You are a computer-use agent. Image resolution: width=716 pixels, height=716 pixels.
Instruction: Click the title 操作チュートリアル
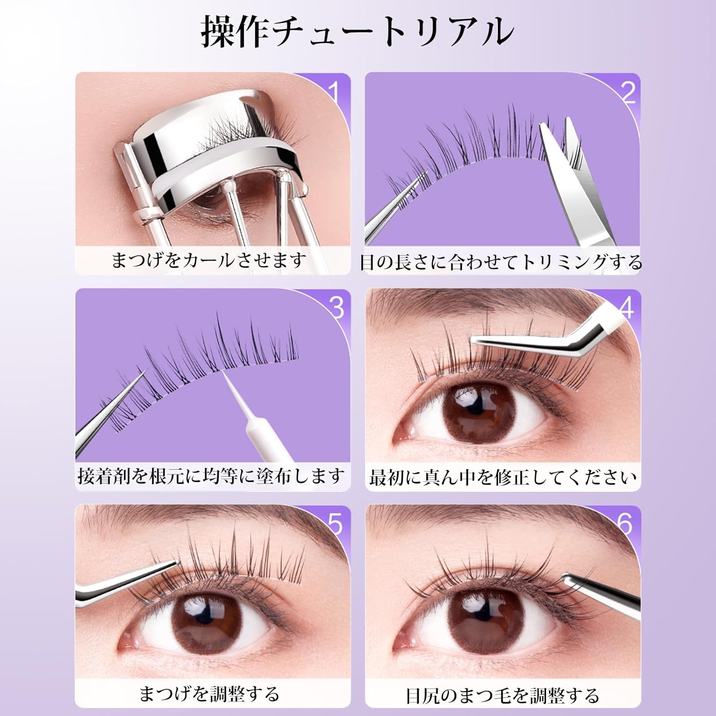[357, 32]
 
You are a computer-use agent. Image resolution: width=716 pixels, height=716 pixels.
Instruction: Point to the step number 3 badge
[337, 308]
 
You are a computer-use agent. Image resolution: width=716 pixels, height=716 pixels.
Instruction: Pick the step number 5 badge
[336, 524]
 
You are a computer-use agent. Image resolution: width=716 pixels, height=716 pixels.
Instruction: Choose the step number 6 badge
[625, 524]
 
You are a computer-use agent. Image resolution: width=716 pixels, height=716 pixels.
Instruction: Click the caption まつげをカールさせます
[209, 261]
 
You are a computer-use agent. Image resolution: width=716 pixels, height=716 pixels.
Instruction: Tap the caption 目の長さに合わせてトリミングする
[501, 262]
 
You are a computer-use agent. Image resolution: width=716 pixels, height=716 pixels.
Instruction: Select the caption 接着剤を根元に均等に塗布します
[211, 476]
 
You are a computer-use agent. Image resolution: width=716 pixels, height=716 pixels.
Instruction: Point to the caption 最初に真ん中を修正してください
[503, 477]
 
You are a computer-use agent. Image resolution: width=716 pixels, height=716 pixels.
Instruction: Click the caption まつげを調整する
[209, 694]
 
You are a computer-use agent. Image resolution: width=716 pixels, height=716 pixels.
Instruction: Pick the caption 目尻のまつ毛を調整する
[503, 695]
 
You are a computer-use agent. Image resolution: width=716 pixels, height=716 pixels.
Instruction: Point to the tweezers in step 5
[129, 582]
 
